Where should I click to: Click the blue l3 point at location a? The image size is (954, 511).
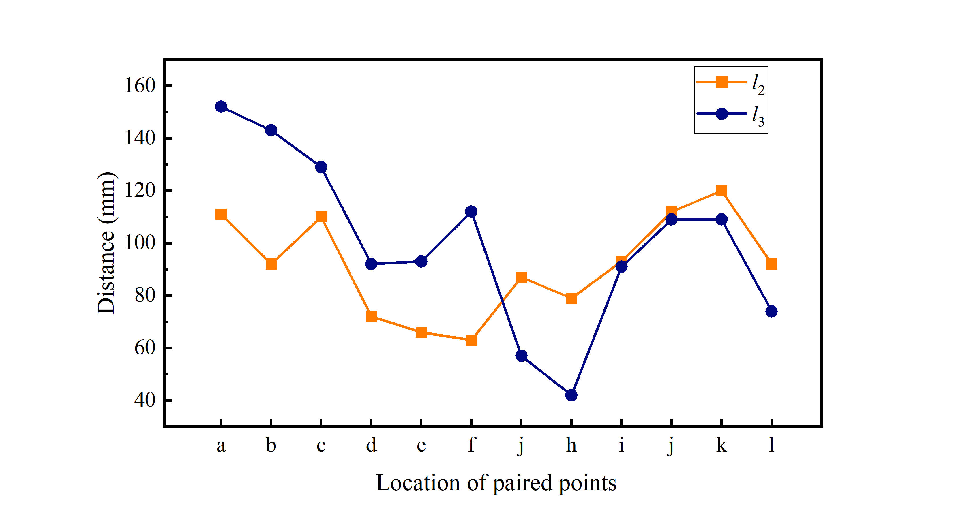(221, 107)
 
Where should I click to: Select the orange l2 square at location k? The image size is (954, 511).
(721, 191)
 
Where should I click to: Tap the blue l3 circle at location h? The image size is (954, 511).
(571, 395)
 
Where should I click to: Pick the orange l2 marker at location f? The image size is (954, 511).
(471, 340)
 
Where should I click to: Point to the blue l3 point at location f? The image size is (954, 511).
(471, 211)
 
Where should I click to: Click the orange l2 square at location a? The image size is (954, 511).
(221, 214)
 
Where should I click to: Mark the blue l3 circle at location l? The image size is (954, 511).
(771, 311)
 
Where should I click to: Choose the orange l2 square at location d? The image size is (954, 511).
(371, 316)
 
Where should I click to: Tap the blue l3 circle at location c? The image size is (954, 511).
(321, 167)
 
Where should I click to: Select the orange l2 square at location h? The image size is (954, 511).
(571, 298)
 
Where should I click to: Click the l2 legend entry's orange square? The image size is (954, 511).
(721, 82)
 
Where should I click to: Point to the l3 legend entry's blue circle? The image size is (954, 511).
(721, 114)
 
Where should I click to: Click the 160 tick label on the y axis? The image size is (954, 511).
(140, 86)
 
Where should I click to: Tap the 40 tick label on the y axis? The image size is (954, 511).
(145, 400)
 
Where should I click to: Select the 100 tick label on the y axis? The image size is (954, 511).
(140, 243)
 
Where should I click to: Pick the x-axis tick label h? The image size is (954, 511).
(571, 445)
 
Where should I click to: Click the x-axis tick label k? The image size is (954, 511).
(721, 445)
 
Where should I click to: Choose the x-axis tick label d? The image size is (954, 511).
(371, 445)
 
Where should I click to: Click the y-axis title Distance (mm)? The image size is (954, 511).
(106, 243)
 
